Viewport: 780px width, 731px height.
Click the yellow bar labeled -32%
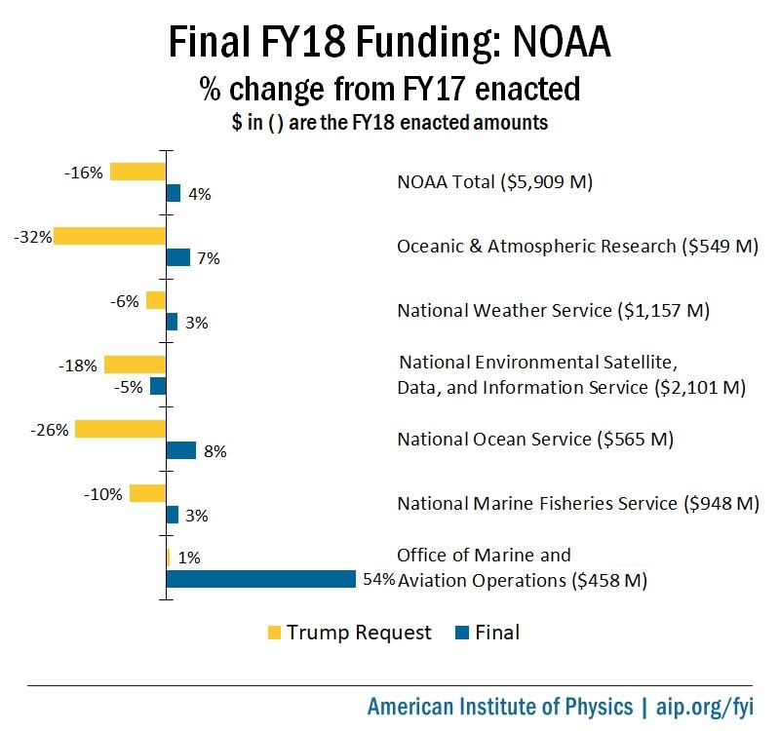[109, 236]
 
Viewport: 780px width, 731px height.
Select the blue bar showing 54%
[260, 579]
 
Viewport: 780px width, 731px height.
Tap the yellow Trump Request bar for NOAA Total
[137, 172]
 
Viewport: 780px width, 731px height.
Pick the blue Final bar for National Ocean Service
[181, 450]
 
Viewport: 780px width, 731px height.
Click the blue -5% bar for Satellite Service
[158, 386]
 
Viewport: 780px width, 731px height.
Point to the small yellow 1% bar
[169, 558]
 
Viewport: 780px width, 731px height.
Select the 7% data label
[208, 259]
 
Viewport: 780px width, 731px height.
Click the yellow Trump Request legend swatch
[275, 633]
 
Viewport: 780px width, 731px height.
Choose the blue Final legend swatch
[463, 633]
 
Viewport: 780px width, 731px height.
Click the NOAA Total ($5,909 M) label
[495, 182]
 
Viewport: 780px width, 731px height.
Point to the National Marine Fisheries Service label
[577, 503]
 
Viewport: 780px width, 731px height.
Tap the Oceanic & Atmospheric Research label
[577, 247]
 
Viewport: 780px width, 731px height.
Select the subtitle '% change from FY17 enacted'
[390, 90]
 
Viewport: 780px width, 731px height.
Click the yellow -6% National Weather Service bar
[156, 300]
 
